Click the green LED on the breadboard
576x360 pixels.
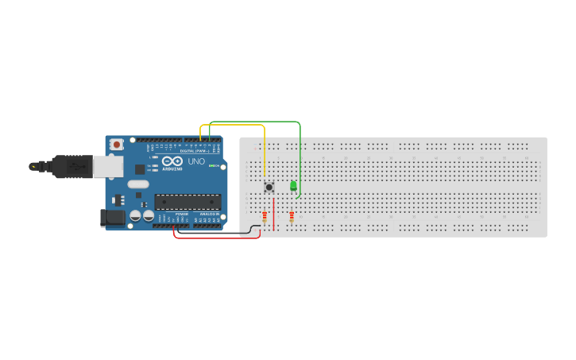point(293,186)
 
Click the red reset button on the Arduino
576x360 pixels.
point(117,145)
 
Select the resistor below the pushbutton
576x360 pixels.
point(265,215)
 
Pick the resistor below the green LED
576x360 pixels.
point(292,216)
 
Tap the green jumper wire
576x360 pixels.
point(254,122)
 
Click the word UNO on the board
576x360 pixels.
point(195,161)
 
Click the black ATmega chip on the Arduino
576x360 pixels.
point(187,202)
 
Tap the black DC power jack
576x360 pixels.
point(113,218)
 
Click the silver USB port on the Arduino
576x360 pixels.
point(108,165)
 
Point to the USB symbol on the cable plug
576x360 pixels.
point(76,167)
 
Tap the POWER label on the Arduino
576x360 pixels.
point(183,214)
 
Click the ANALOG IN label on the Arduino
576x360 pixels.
point(208,214)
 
